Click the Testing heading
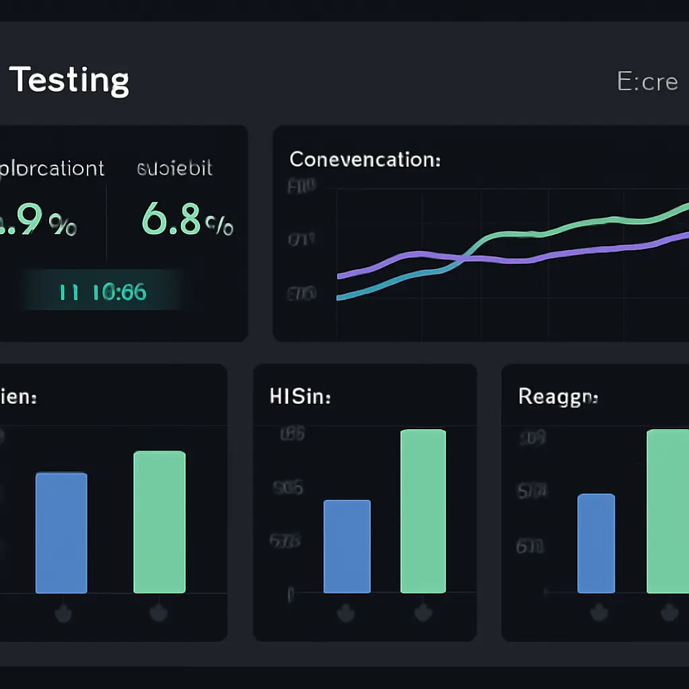click(x=69, y=80)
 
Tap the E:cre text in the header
click(x=647, y=81)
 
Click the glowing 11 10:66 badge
click(x=103, y=292)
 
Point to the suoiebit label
click(x=174, y=168)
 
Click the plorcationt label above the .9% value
click(x=52, y=168)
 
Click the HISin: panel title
click(x=299, y=397)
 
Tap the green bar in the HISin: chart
click(x=423, y=511)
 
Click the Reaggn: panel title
click(x=558, y=397)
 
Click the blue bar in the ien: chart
click(x=61, y=533)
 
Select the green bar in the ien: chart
click(x=159, y=522)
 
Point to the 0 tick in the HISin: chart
click(x=291, y=594)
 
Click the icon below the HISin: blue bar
click(x=347, y=613)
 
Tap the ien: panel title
click(x=18, y=397)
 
